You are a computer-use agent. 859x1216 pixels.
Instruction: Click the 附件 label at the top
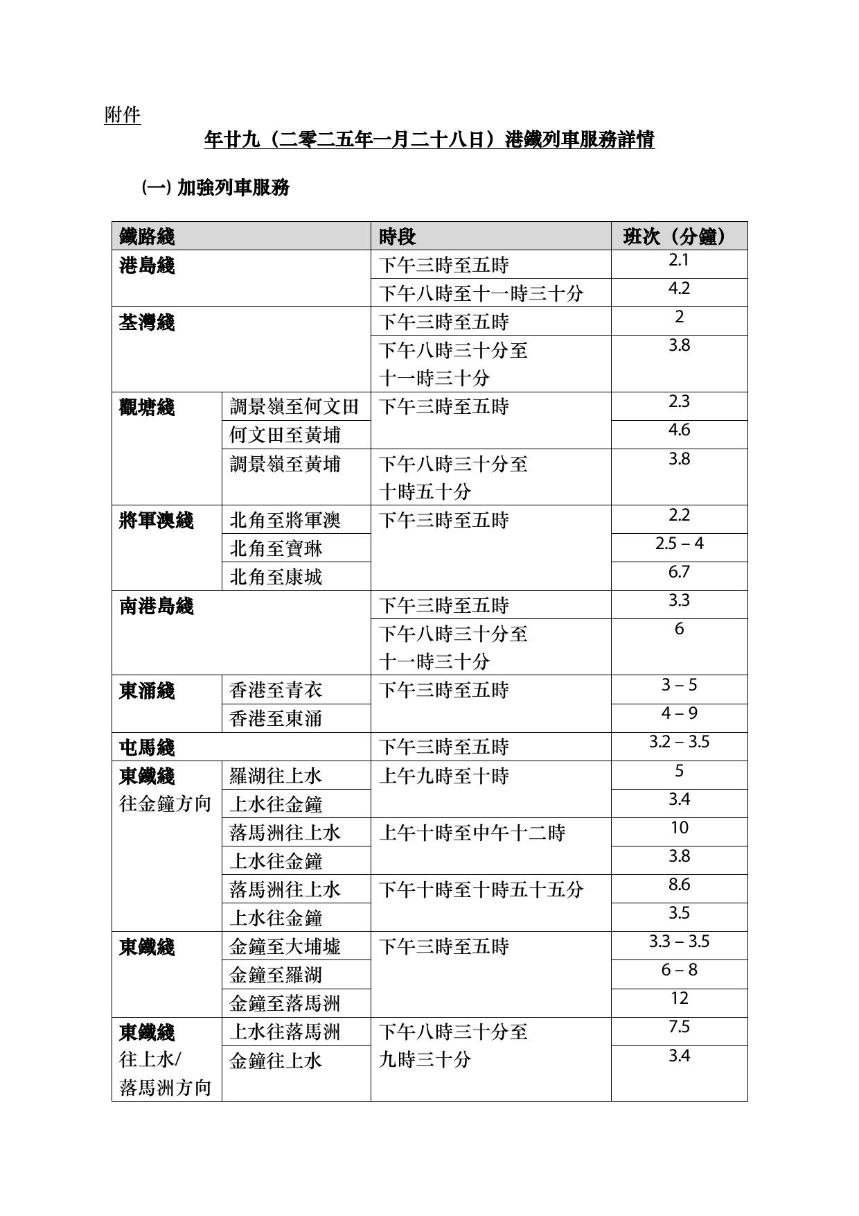[x=123, y=114]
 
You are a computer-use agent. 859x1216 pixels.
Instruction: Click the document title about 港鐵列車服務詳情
[x=429, y=140]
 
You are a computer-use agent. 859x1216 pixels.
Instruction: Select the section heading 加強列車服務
[x=233, y=187]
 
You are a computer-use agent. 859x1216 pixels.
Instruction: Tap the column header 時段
[x=397, y=236]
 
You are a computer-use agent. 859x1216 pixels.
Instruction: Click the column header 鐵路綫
[x=147, y=236]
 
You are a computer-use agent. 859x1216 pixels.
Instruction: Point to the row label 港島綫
[x=147, y=265]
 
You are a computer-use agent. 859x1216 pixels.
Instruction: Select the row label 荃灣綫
[x=147, y=322]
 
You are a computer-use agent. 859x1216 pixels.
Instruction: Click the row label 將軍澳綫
[x=157, y=520]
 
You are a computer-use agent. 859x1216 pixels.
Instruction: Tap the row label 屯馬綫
[x=147, y=747]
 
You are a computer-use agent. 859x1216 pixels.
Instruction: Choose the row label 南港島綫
[x=157, y=606]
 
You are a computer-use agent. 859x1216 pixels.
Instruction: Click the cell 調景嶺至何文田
[x=294, y=406]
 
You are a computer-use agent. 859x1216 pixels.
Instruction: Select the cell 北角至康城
[x=276, y=577]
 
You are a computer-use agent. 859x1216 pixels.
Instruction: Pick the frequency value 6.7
[x=679, y=572]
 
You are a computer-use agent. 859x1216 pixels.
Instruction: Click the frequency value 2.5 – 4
[x=679, y=544]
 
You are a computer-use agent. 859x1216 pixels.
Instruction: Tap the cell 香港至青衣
[x=276, y=690]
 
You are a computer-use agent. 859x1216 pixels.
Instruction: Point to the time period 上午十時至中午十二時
[x=472, y=833]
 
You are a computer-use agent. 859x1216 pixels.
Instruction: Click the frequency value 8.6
[x=679, y=885]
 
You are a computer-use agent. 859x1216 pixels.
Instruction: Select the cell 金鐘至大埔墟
[x=285, y=946]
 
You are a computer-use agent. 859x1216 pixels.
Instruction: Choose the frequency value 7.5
[x=679, y=1027]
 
